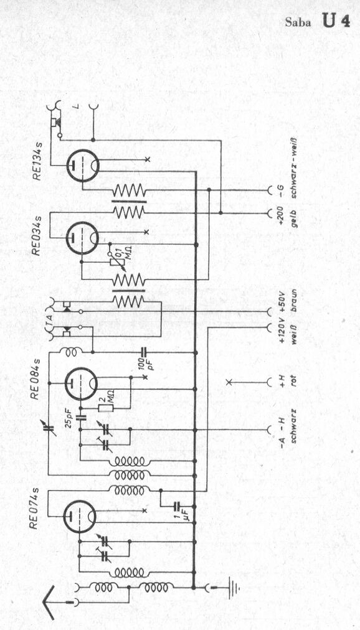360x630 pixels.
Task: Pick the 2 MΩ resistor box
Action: (x=106, y=408)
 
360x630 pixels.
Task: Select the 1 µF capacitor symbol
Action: (x=177, y=507)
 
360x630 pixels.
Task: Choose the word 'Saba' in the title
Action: (x=298, y=22)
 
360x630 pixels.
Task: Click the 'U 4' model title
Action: (x=336, y=21)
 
